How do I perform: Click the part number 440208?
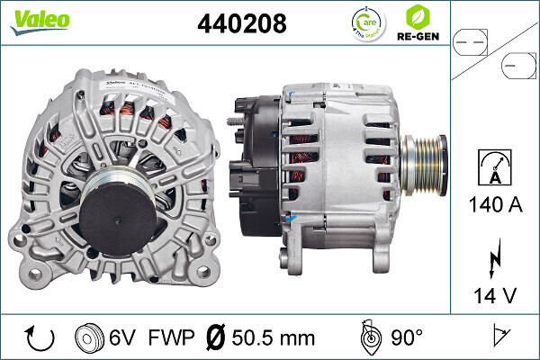click(241, 24)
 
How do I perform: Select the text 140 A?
click(493, 204)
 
